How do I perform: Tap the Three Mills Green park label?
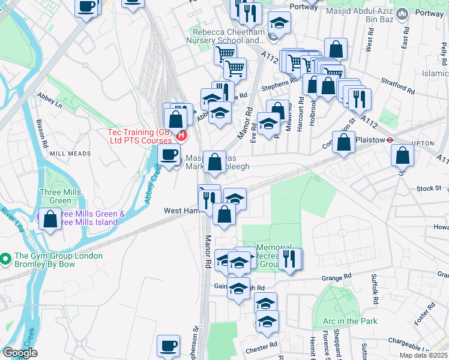point(55,196)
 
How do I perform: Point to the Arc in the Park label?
point(350,321)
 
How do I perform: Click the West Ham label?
point(181,211)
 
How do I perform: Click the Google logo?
point(20,353)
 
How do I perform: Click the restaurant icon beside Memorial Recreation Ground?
point(290,259)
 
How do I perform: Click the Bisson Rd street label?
point(43,133)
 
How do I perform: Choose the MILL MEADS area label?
point(70,154)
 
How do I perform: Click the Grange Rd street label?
point(336,278)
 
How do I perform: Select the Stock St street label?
point(429,188)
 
